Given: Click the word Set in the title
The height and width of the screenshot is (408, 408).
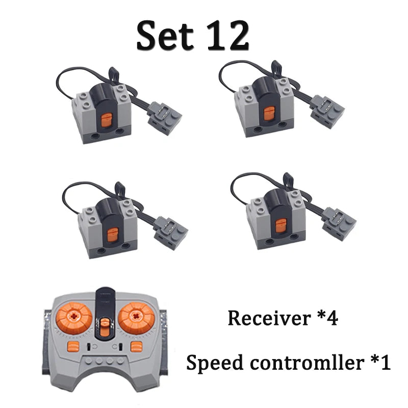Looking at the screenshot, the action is (x=165, y=36).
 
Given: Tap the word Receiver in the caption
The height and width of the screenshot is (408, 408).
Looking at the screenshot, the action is (x=269, y=318).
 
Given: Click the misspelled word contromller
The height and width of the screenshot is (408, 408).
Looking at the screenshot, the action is (x=307, y=362).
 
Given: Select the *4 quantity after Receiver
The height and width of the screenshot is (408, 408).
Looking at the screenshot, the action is (x=328, y=317).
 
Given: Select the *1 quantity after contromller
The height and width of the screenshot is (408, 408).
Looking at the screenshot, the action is (x=380, y=362).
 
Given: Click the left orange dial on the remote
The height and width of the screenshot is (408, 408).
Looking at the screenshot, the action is (x=74, y=317).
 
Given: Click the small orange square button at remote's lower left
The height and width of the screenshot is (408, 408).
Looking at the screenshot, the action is (x=73, y=347).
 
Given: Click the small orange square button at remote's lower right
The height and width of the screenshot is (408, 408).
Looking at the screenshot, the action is (x=137, y=347).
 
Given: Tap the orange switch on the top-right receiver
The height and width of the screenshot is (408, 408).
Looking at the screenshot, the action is (x=269, y=114).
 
